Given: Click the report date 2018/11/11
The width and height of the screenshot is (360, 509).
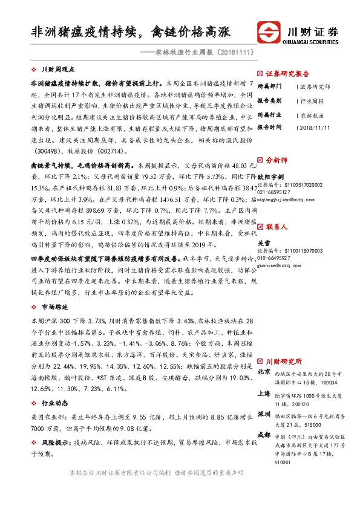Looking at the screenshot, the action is tap(315, 128).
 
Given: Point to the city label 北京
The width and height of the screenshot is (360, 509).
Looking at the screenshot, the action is tap(263, 372).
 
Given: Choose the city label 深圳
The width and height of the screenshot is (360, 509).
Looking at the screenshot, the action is tap(263, 414).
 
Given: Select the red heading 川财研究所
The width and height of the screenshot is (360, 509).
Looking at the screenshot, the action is tap(284, 360).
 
